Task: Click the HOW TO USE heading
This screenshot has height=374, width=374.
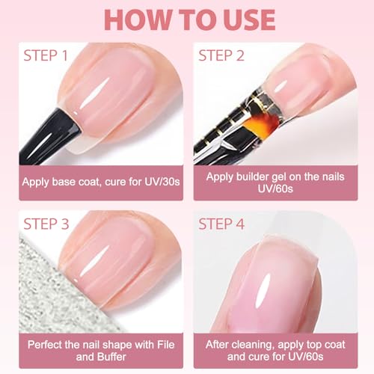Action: click(187, 19)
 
